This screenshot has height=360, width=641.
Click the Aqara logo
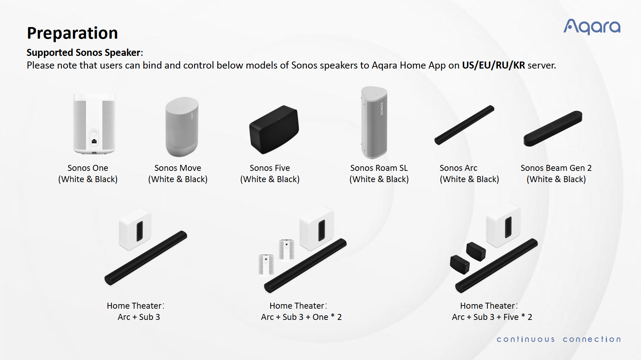pyautogui.click(x=592, y=27)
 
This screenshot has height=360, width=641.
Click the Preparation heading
pyautogui.click(x=72, y=33)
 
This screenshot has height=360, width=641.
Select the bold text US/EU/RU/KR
pyautogui.click(x=493, y=65)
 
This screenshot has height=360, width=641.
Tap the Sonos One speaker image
pyautogui.click(x=94, y=124)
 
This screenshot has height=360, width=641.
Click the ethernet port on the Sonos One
pyautogui.click(x=94, y=141)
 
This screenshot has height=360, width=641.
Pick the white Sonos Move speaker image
pyautogui.click(x=182, y=127)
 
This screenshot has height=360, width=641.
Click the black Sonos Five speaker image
pyautogui.click(x=274, y=129)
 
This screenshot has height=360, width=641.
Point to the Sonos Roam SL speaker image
pyautogui.click(x=374, y=122)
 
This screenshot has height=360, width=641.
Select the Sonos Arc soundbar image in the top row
pyautogui.click(x=464, y=125)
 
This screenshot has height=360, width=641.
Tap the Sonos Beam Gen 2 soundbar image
pyautogui.click(x=553, y=128)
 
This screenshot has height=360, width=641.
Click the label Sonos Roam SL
pyautogui.click(x=379, y=168)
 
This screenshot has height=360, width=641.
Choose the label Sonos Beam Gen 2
pyautogui.click(x=556, y=168)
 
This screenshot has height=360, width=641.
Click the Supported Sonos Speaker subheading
pyautogui.click(x=85, y=53)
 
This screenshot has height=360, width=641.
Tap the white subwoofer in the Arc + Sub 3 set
pyautogui.click(x=135, y=229)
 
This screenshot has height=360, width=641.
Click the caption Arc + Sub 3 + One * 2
pyautogui.click(x=301, y=317)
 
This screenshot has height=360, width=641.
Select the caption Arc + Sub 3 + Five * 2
pyautogui.click(x=492, y=317)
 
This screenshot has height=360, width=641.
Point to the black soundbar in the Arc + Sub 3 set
pyautogui.click(x=146, y=258)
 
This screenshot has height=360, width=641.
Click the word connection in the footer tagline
pyautogui.click(x=592, y=339)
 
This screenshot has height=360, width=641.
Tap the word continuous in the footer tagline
pyautogui.click(x=526, y=339)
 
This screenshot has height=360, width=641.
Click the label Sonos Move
pyautogui.click(x=178, y=168)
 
